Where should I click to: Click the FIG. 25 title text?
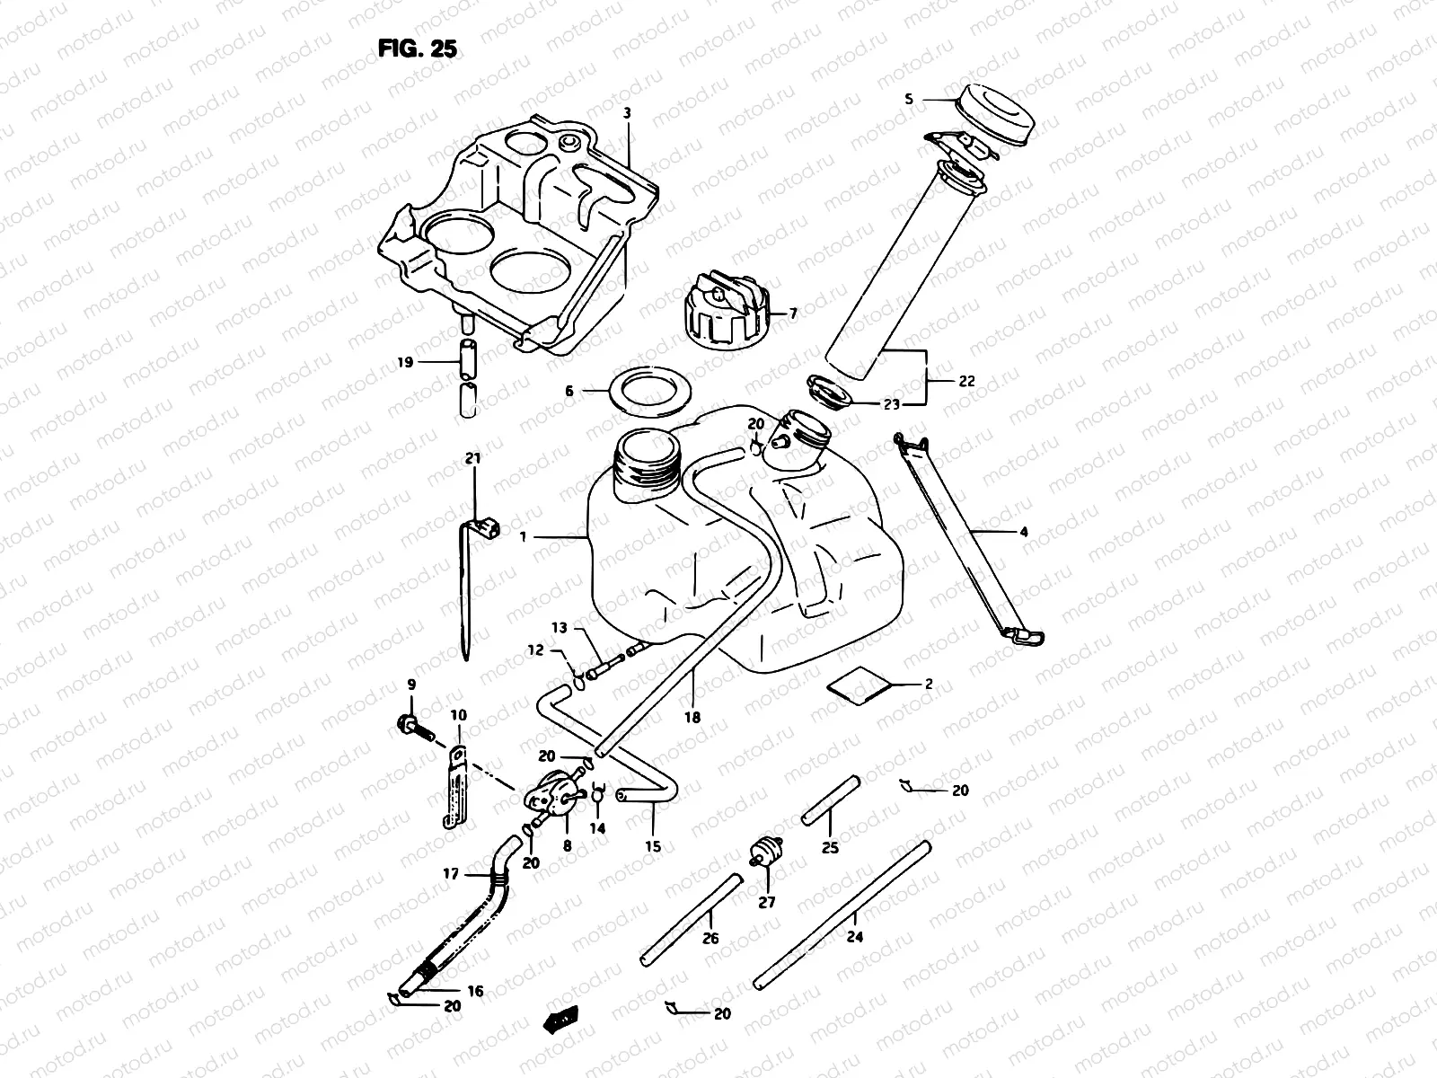tap(418, 49)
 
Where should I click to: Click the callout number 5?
tap(908, 100)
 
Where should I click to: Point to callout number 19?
tap(405, 362)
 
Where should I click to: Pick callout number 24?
tap(854, 937)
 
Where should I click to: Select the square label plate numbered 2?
tap(860, 686)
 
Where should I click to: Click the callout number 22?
tap(966, 381)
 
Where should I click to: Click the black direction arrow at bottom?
tap(561, 1019)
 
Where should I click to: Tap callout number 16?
tap(475, 991)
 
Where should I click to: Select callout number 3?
tap(628, 113)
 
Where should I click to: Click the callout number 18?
tap(692, 718)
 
